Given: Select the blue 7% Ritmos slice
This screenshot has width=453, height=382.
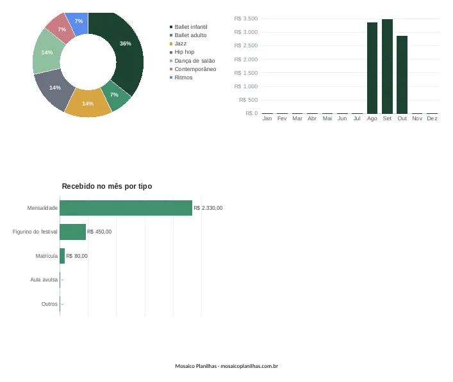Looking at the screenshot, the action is point(79,22).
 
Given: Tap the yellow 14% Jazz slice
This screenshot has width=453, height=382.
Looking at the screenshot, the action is point(88,103).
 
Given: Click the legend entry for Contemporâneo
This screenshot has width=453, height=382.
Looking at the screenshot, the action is point(193,69).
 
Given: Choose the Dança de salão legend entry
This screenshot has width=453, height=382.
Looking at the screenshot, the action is point(192,61).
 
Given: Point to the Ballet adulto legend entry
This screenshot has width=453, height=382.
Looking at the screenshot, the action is point(188,35).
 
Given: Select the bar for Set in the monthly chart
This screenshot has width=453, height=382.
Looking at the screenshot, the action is point(387,67).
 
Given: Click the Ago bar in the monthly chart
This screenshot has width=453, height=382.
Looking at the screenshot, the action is point(372,68).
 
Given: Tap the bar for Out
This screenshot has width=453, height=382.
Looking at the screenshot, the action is point(402,75).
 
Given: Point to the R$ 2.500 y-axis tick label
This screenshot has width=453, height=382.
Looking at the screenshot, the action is point(246,45).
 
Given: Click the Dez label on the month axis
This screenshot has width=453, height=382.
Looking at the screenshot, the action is point(432,118).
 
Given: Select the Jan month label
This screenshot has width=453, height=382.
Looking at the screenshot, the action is point(267,118).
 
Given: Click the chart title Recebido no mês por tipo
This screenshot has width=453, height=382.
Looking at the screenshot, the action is point(107,186).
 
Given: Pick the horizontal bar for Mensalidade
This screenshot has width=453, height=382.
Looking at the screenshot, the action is point(126,208).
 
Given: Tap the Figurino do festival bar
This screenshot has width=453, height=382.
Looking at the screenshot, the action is point(73,232).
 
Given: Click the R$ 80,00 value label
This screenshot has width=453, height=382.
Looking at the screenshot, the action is point(77,256).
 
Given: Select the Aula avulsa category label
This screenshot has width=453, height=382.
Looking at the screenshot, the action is point(44,280).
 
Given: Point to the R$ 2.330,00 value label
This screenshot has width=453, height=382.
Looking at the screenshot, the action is point(208,208).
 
